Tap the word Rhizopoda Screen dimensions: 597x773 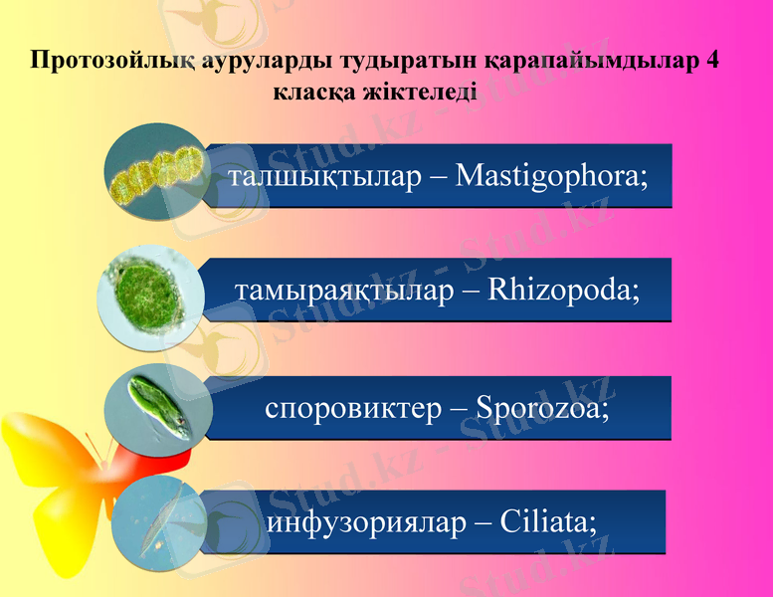pos(563,292)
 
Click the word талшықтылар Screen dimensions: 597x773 pos(322,177)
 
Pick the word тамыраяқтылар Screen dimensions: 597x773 pos(343,292)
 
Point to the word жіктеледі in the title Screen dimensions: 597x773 pos(426,93)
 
